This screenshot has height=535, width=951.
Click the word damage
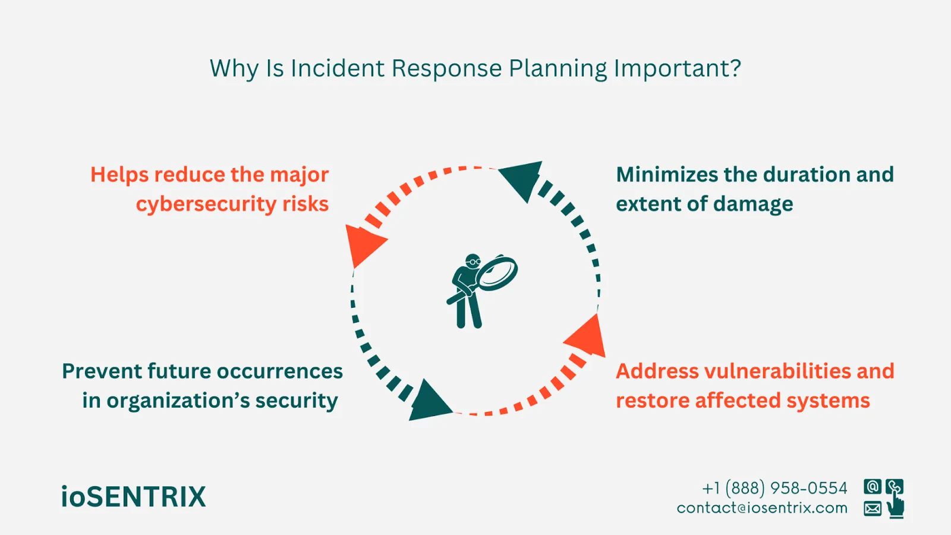point(753,204)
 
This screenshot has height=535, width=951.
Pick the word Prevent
point(102,372)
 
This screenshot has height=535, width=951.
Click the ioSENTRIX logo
point(133,497)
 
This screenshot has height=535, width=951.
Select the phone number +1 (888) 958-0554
point(774,489)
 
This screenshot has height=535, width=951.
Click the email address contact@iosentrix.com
point(762,508)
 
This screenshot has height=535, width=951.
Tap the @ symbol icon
point(873,487)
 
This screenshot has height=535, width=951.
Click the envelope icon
point(873,508)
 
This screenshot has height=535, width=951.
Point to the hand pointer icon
point(895,507)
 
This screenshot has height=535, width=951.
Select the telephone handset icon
point(894,487)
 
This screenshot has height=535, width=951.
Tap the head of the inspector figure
point(473,262)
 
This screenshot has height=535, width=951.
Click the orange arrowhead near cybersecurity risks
point(363,243)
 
